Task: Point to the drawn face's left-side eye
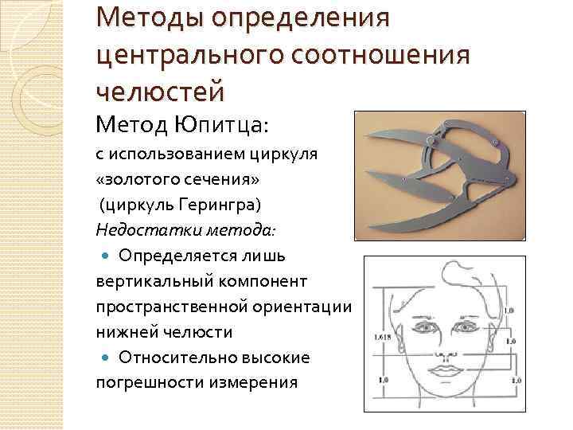coord(419,326)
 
